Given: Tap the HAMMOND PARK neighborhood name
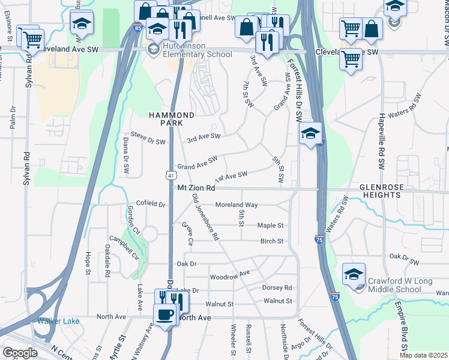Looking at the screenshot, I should tap(172, 118).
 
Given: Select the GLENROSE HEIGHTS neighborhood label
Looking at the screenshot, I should tap(381, 191).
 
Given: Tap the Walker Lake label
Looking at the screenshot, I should tap(58, 321).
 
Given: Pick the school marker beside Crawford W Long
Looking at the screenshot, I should tap(354, 275).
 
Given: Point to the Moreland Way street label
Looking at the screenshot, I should tap(237, 205).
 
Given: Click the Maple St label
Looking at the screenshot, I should tap(270, 226).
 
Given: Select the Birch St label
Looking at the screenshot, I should tap(271, 241).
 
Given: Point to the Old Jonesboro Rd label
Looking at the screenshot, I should tap(205, 217).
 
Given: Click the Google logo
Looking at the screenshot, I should tap(20, 353).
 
